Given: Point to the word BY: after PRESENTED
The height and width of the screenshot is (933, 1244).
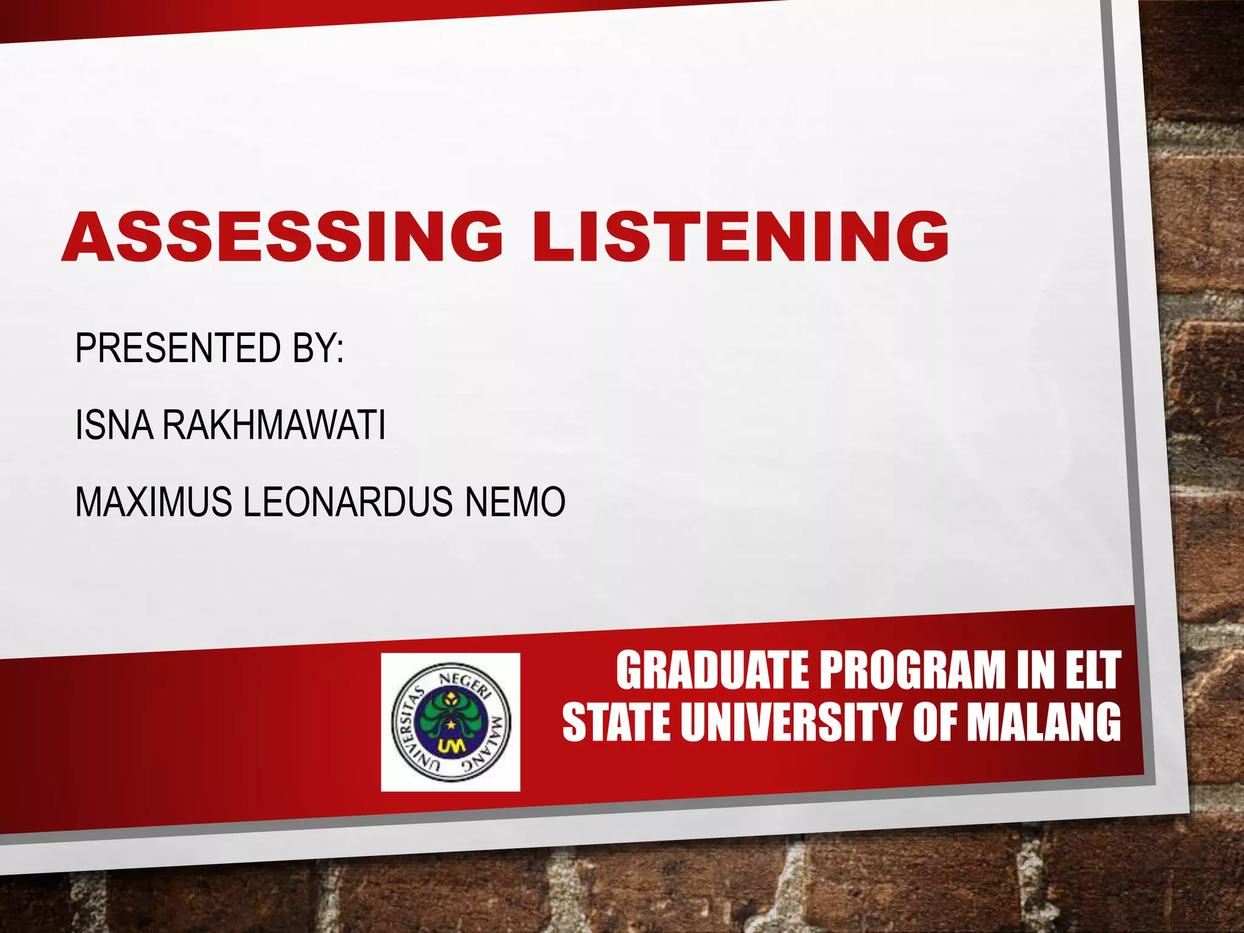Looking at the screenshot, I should coord(318,348).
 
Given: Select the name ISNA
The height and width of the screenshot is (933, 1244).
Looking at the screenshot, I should coord(114,425).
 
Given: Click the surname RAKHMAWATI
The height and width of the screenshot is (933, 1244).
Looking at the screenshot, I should coord(273,425).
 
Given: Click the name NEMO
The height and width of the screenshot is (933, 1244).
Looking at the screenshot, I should coord(515,502).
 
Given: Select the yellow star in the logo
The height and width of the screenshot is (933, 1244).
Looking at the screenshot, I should coord(451,725).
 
